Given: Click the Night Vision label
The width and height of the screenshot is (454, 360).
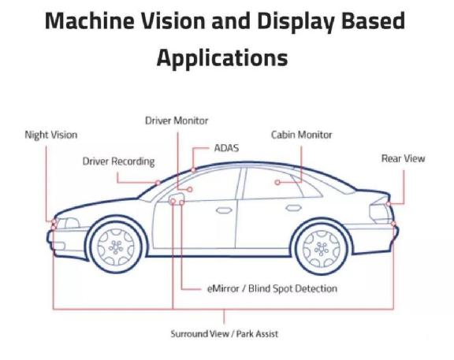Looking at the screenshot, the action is pos(51,135).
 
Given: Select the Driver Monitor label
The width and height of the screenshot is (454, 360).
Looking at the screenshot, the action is pos(177,121).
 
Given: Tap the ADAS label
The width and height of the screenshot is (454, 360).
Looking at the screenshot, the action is pos(226,148).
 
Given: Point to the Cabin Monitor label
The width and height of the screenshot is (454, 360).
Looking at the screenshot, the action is pos(301,135).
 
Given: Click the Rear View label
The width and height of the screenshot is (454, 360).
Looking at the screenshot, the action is pos(403,158).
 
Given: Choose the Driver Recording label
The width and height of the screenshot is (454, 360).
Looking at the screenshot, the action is pos(118,161).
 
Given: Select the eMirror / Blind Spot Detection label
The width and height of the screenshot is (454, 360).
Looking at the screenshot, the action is pos(272,288).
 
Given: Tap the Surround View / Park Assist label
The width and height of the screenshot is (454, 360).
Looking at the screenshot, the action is pos(224,334).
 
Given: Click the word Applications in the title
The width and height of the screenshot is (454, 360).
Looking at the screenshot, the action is pos(222,58).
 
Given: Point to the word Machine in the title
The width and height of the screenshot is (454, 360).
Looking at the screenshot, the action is pos(90,21).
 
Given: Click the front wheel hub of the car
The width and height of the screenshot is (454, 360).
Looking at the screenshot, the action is pos(116,247).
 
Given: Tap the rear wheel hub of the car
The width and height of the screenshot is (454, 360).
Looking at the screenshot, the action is pos(321,249).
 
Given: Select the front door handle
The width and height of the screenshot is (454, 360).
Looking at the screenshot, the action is pos(224,210).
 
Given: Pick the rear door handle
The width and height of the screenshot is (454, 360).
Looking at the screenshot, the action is pos(293,208).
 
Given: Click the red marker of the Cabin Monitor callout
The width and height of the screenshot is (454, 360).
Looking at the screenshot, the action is pos(277,182).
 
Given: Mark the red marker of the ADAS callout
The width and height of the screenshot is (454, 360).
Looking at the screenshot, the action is pos(193,170).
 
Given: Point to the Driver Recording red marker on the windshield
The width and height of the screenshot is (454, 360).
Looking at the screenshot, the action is pos(158,183).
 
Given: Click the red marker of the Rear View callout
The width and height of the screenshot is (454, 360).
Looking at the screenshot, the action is pos(389,204).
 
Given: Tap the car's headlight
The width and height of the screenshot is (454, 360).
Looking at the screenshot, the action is pos(68,224).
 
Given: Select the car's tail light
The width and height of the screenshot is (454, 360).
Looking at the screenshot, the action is pos(380,213).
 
